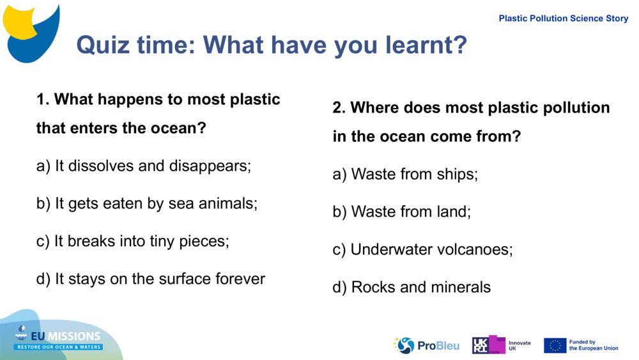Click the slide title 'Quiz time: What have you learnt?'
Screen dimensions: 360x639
272,45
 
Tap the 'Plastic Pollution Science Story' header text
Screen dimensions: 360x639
563,19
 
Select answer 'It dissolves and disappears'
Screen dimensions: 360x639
144,166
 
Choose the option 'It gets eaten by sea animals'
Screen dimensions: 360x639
147,204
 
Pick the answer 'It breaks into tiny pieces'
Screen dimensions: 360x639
132,242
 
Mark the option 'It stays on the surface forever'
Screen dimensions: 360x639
151,279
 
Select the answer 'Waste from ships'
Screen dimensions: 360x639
405,174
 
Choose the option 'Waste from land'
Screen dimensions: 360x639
402,212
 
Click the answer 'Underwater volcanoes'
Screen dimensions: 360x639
422,249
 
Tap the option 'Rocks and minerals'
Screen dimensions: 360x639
412,288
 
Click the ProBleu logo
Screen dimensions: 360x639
426,345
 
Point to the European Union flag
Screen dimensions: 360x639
555,345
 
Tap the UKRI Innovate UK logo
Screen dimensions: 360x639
501,345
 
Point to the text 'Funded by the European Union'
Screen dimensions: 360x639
594,345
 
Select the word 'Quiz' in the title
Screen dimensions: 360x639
100,45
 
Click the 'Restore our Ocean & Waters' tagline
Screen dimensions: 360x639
59,347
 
